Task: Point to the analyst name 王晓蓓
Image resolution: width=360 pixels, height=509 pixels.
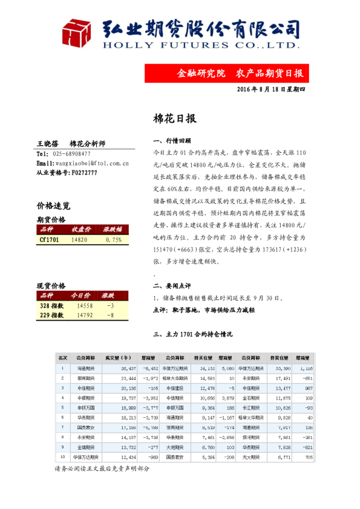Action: [x=48, y=144]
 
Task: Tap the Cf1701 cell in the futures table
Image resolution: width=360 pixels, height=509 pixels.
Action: [x=50, y=240]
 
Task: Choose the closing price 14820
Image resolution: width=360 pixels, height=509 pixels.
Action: [x=80, y=240]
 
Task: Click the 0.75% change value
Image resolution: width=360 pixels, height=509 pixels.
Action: [x=113, y=240]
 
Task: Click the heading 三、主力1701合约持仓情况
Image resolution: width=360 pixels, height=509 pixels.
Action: [x=194, y=334]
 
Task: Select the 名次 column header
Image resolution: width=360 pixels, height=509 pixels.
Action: [x=62, y=357]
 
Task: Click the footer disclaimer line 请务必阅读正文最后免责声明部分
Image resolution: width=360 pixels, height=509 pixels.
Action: [x=101, y=468]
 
